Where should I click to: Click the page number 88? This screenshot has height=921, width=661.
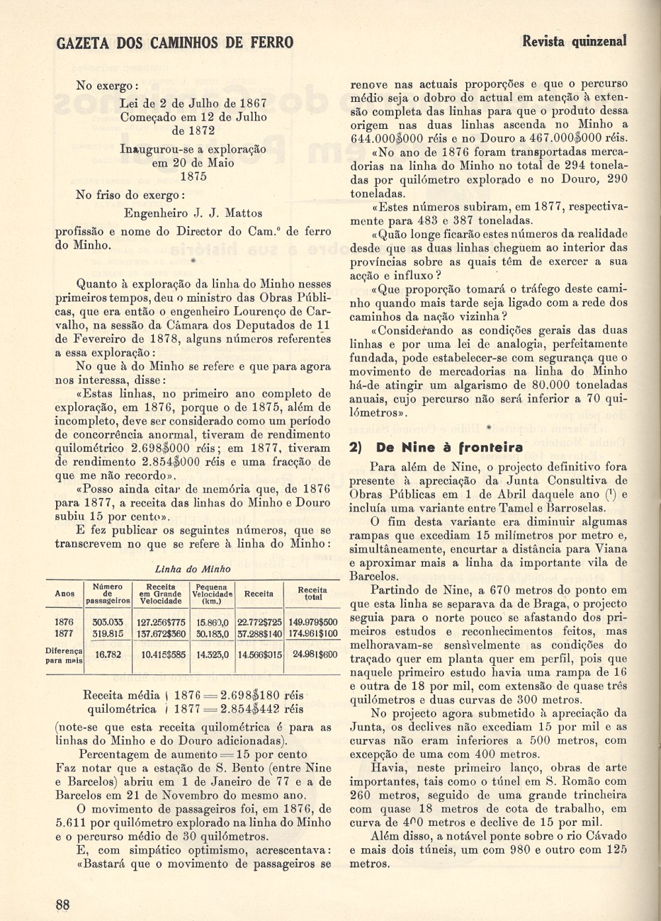[x=63, y=905]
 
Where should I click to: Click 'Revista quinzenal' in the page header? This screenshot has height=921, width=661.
[x=574, y=41]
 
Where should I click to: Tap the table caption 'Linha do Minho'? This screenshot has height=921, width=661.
[x=192, y=569]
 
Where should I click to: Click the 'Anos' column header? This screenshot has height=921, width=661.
[x=64, y=593]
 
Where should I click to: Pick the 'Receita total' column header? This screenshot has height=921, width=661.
[x=312, y=593]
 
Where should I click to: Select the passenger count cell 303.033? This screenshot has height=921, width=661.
[x=107, y=622]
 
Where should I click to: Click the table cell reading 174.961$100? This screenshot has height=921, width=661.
[x=313, y=633]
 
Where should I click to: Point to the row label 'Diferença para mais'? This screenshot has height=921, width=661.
[x=64, y=655]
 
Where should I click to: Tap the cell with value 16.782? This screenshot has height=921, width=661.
[x=108, y=655]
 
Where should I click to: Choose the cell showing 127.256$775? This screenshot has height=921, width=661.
[x=161, y=622]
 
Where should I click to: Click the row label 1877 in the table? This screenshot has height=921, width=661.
[x=64, y=633]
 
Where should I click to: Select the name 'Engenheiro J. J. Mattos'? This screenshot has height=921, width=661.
[x=192, y=214]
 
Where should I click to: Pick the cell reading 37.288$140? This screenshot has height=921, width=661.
[x=259, y=633]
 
